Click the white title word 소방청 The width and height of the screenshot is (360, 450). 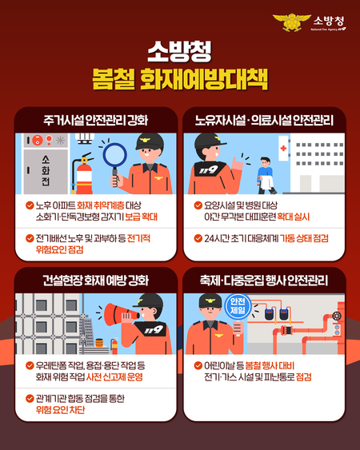pos(179,54)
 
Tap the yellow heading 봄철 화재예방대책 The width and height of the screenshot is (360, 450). pos(179,81)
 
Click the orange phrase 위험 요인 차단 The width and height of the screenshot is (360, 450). pos(64,410)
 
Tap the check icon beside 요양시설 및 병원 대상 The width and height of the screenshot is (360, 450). pos(198,205)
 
